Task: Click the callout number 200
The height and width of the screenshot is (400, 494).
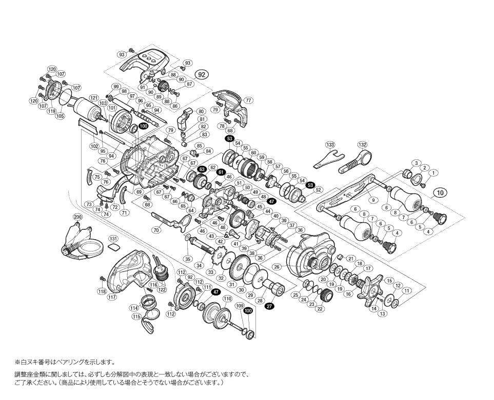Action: [x=77, y=217]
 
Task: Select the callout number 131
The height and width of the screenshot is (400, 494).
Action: [x=113, y=239]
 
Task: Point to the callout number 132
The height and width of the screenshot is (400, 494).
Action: [x=363, y=145]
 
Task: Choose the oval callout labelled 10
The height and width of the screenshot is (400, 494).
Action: [x=440, y=193]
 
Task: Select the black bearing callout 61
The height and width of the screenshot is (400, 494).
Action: [x=221, y=172]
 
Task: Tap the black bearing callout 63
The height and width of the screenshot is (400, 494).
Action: [x=202, y=169]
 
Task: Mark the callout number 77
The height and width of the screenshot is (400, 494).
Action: [x=249, y=101]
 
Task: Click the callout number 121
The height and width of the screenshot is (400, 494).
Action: [x=94, y=97]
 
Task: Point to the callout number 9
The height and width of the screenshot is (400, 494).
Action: [x=373, y=200]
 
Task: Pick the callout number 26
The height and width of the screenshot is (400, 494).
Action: [x=277, y=266]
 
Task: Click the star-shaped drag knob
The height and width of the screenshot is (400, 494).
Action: [x=373, y=291]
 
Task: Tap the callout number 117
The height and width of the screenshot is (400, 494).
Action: [x=112, y=297]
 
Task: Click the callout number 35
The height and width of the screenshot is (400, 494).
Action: [x=188, y=259]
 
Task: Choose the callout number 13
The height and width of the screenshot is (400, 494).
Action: [x=382, y=313]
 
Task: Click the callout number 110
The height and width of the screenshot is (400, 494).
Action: [x=228, y=298]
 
